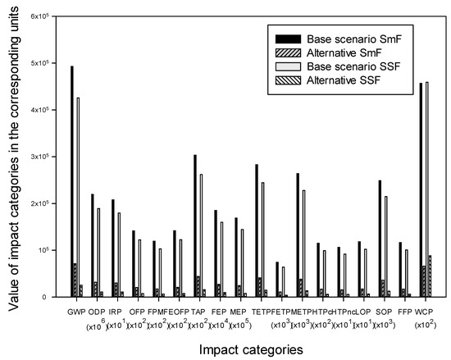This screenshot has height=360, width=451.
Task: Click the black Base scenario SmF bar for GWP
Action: click(72, 181)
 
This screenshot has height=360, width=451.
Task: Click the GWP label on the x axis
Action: click(75, 312)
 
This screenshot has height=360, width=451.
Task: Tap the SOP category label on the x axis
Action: click(383, 312)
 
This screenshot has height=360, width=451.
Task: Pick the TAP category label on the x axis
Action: click(198, 312)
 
